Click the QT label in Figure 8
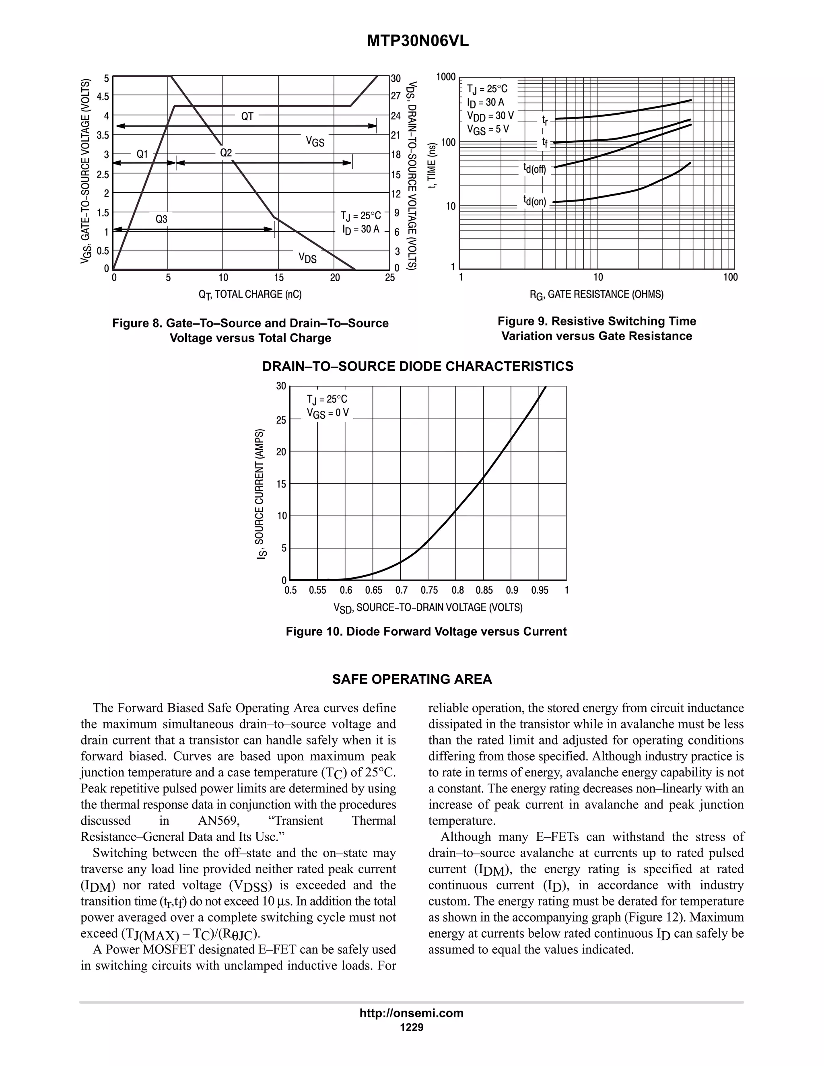[247, 116]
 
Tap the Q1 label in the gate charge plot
[142, 154]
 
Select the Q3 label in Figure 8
[161, 219]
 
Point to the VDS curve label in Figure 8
[307, 258]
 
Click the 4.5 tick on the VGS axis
[103, 97]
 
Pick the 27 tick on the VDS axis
[396, 96]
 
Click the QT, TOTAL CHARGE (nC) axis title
[250, 294]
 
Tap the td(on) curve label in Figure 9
[535, 201]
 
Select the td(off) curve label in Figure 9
[535, 169]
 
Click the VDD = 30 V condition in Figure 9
[490, 116]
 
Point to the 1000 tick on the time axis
[446, 77]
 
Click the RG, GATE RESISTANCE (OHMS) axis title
[597, 294]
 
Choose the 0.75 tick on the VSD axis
[429, 591]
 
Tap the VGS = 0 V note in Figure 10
[328, 414]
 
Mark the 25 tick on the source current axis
[281, 420]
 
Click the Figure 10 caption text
[426, 632]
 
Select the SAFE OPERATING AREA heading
[412, 679]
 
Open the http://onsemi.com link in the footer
[411, 1013]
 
